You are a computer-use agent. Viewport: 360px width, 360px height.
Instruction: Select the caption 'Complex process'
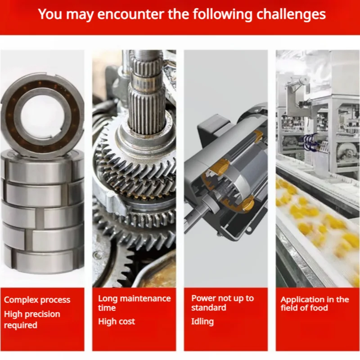37,300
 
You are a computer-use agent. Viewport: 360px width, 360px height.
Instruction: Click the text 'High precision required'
32,319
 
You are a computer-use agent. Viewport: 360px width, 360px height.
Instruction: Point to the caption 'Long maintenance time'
135,303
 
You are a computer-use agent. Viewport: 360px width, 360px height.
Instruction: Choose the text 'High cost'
117,321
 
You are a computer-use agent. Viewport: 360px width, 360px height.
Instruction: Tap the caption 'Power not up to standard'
222,303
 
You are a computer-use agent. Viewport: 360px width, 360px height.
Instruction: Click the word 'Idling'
202,321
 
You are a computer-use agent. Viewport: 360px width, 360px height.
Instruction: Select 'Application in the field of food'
315,304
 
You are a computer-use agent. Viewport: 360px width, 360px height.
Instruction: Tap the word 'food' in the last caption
319,308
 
